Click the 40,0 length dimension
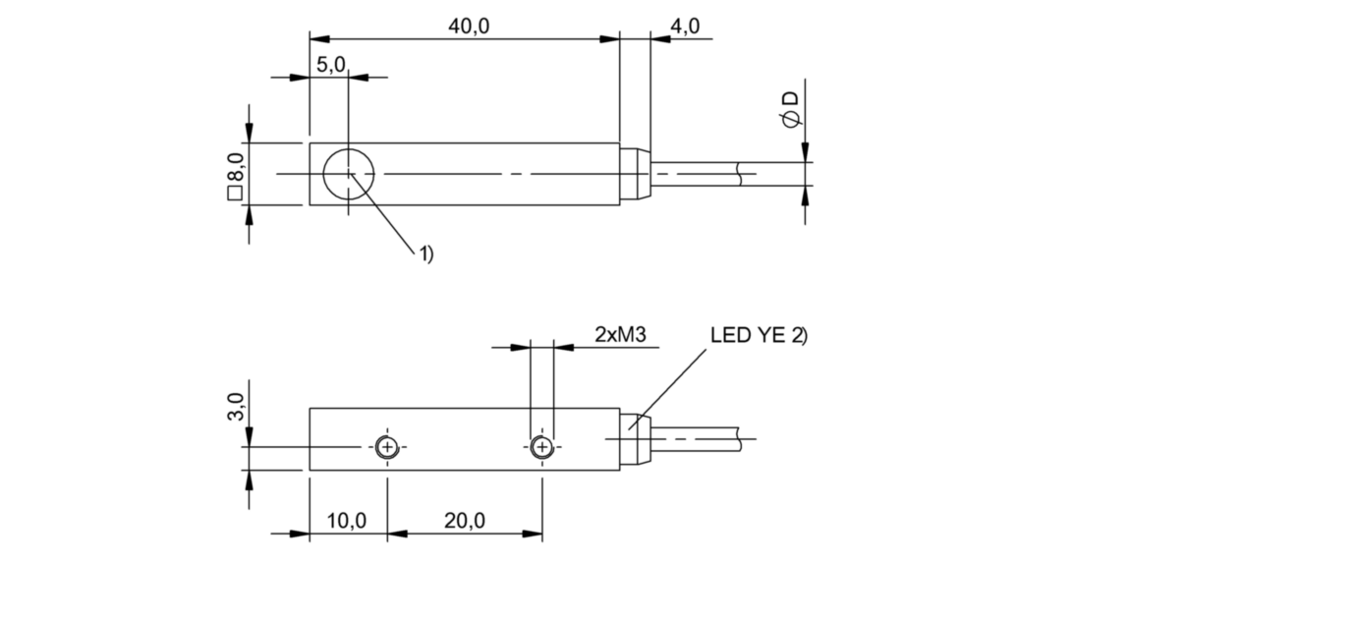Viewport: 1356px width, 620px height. pos(469,27)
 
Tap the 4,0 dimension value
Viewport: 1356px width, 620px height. pos(684,27)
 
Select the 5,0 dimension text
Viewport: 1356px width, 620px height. pos(330,65)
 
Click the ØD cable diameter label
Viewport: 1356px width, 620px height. pos(790,108)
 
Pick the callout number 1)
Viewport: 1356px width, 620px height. pos(425,254)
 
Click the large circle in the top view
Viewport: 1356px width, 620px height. pos(349,174)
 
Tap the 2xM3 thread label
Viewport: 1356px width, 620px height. pos(619,335)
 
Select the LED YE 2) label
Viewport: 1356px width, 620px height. pos(758,335)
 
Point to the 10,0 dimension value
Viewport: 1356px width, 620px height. pos(347,521)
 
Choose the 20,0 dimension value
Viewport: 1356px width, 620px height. pos(465,521)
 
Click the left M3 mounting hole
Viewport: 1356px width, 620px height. pos(387,448)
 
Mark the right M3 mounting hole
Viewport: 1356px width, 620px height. pos(541,448)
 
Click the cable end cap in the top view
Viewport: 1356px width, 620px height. pos(635,174)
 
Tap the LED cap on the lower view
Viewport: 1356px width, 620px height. pos(635,437)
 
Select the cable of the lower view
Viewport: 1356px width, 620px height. pos(703,437)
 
